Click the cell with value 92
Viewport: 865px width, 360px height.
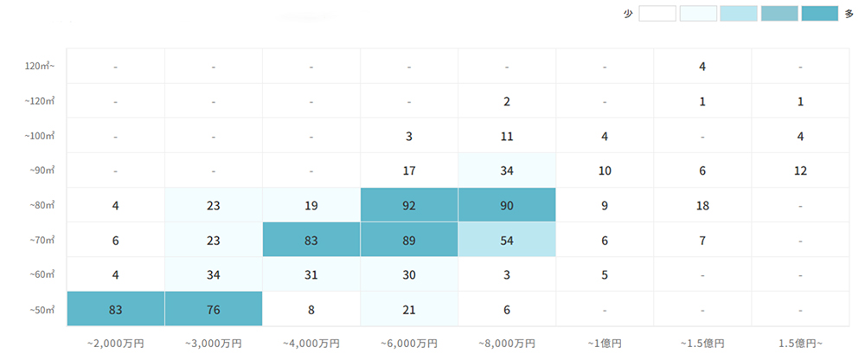tap(409, 205)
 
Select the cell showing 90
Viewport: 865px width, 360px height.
tap(507, 205)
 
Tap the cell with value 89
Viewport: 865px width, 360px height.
tap(409, 240)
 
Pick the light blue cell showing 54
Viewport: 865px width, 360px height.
tap(507, 240)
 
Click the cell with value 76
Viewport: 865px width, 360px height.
tap(213, 309)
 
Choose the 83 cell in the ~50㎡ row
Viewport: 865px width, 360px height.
tap(115, 309)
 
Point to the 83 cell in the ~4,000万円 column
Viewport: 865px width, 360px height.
tap(311, 240)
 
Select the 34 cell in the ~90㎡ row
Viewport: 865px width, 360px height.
tap(507, 170)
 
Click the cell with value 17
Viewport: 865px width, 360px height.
tap(409, 170)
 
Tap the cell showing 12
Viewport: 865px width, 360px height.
tap(800, 170)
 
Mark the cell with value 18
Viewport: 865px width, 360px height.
tap(702, 205)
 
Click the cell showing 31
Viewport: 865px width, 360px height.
tap(311, 274)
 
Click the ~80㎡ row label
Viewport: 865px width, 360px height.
tap(41, 205)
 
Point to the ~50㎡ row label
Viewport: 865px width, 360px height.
tap(41, 309)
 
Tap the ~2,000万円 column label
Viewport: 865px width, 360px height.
tap(115, 343)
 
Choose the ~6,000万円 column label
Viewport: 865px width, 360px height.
tap(409, 343)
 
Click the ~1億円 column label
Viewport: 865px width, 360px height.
tap(605, 343)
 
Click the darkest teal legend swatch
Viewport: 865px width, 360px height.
tap(819, 14)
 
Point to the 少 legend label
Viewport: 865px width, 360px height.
tap(628, 14)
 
